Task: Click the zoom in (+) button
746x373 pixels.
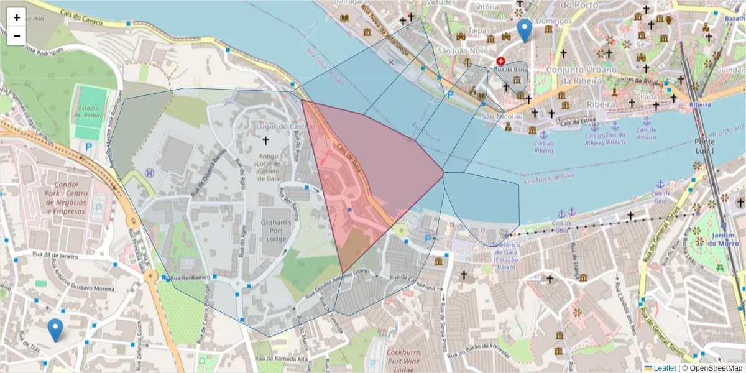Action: (x=16, y=17)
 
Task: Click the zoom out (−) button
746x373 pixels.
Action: (x=16, y=36)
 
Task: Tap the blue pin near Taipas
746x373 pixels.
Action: (x=525, y=30)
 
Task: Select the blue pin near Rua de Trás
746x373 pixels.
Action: (x=55, y=329)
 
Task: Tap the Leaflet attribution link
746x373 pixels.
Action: (x=665, y=367)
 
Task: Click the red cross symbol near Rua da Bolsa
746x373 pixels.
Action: (x=500, y=61)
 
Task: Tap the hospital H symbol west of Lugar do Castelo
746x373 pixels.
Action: (x=149, y=172)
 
